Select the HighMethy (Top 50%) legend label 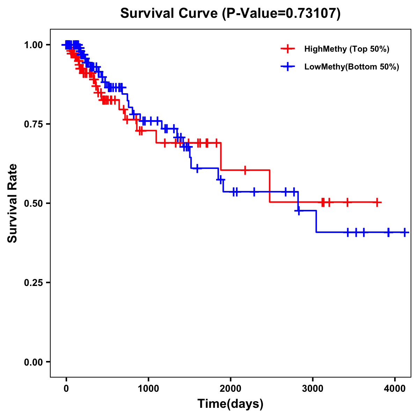pos(347,49)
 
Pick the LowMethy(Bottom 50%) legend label pos(352,67)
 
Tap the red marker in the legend pos(288,49)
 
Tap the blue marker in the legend pos(288,67)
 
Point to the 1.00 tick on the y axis pos(33,45)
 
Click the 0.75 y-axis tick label pos(33,124)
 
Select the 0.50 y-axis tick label pos(33,203)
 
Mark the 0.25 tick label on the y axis pos(33,282)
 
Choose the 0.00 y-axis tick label pos(33,362)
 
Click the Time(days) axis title pos(230,404)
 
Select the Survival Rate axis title pos(13,203)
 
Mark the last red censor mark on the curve pos(377,202)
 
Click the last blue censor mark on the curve pos(404,232)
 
